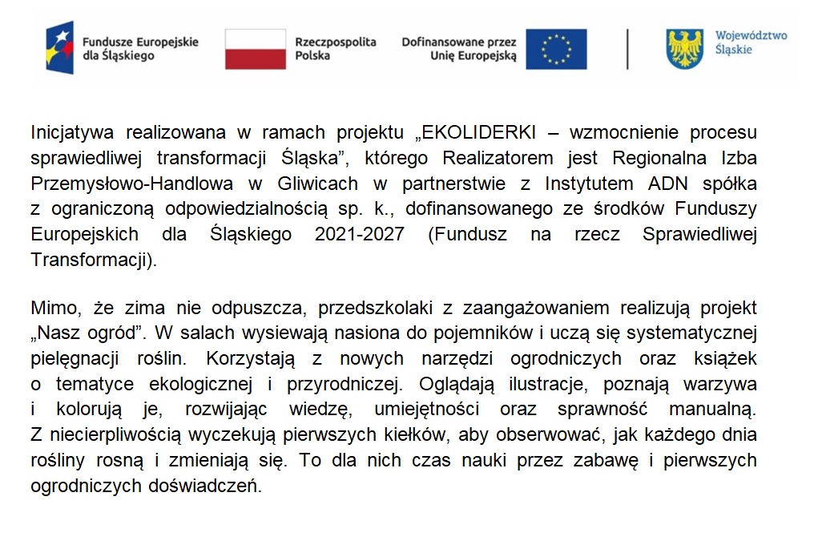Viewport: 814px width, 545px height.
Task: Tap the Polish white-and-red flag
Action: click(x=255, y=49)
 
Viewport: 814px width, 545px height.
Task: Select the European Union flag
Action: click(x=556, y=49)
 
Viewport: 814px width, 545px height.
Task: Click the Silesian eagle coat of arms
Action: click(x=684, y=48)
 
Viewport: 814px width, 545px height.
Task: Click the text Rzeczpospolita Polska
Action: click(x=335, y=49)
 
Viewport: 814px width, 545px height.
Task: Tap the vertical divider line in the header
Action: click(x=627, y=49)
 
